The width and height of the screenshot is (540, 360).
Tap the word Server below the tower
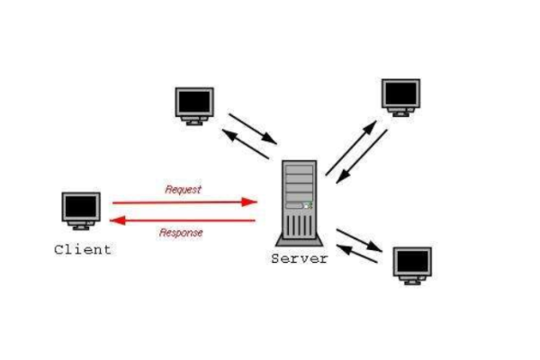(300, 258)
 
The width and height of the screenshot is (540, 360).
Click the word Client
(83, 249)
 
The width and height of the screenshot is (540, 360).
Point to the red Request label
(183, 190)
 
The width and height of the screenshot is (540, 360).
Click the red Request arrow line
(180, 202)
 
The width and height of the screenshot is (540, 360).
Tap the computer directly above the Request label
(194, 104)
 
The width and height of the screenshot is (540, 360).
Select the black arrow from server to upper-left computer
(245, 144)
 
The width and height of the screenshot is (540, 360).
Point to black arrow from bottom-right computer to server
(356, 254)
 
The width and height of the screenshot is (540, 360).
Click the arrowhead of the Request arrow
(252, 202)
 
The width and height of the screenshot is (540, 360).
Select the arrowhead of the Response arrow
(118, 219)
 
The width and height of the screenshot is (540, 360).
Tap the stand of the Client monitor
(81, 227)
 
